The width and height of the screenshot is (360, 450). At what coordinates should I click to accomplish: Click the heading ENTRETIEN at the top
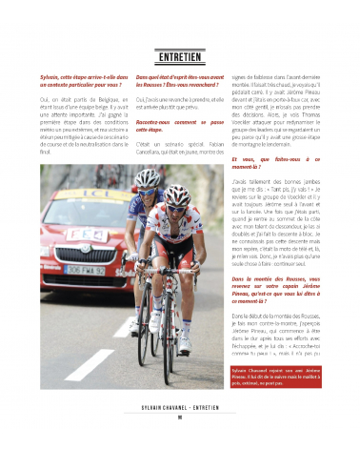(179, 57)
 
